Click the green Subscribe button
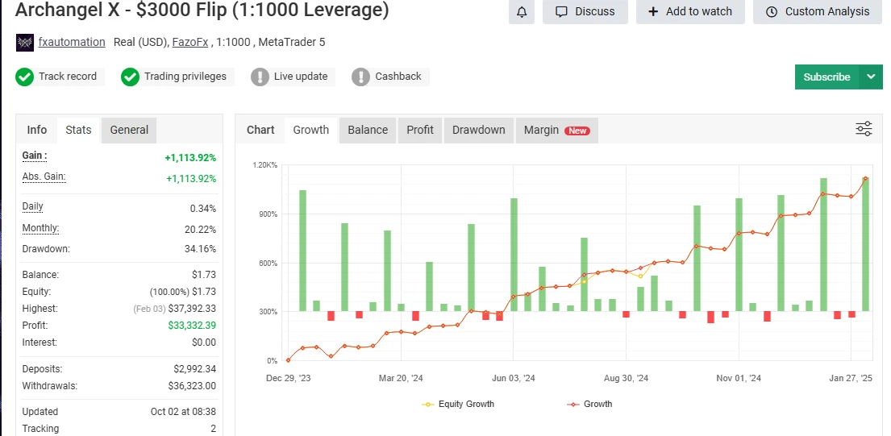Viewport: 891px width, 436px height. coord(826,77)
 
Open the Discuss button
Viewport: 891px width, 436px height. coord(585,11)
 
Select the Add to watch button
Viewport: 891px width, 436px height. coord(690,11)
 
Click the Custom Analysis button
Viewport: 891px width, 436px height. coord(818,11)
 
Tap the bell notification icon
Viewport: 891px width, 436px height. coord(522,11)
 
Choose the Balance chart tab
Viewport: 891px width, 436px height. coord(368,130)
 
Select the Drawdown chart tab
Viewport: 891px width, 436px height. coord(478,130)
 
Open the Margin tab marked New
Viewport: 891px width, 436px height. coord(556,130)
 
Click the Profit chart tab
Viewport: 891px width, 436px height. coord(420,130)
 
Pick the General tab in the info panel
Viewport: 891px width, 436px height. coord(129,130)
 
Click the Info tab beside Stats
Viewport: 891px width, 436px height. coord(37,130)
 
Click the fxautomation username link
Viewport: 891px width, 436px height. coord(72,42)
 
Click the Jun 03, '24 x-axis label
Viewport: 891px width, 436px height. coord(514,378)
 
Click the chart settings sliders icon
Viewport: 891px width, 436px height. coord(864,129)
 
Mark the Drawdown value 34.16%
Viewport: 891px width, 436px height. coord(200,249)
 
